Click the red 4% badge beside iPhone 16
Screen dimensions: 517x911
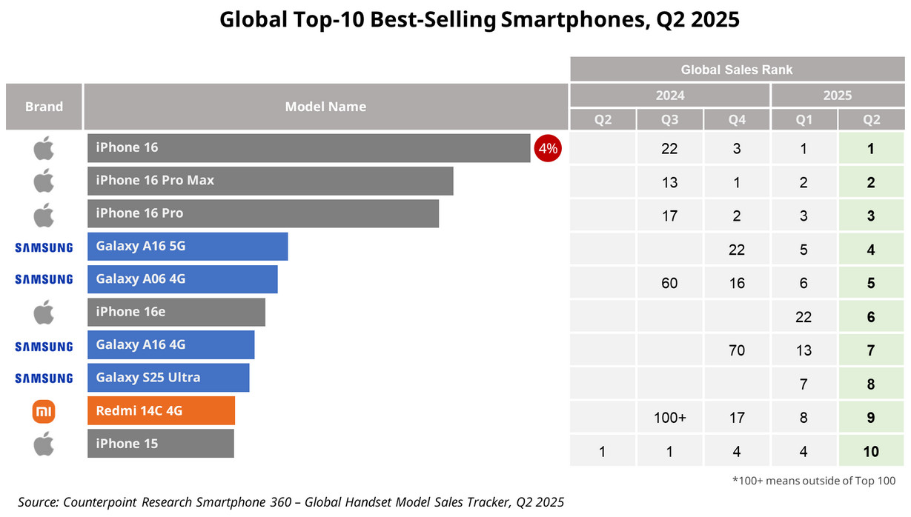548,148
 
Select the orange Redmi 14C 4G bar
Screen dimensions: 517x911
161,410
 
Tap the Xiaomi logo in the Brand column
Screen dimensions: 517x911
44,411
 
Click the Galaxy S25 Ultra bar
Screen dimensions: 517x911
168,378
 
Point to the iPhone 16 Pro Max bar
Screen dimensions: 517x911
270,181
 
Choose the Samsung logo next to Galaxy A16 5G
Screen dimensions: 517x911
44,247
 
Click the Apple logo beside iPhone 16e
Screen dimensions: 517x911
44,313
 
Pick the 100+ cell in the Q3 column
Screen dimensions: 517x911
669,418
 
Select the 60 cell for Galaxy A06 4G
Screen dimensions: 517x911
669,283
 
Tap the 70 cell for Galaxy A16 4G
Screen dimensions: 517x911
737,350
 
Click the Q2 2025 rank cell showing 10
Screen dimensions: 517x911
870,451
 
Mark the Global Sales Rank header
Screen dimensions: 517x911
736,70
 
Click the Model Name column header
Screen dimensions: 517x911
325,107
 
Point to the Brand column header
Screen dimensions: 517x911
44,107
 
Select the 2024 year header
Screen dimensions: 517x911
669,96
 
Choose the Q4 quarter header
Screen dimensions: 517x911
737,120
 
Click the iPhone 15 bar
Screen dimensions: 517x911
160,444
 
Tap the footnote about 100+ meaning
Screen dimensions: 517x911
813,481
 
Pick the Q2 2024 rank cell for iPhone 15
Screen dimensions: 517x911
603,451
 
